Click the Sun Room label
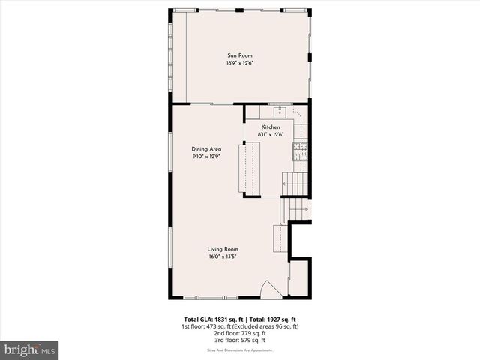pos(240,55)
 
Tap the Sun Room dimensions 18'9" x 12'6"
pos(240,63)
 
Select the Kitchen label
pos(271,127)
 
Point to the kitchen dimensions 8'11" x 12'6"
pos(271,135)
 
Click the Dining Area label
pos(206,149)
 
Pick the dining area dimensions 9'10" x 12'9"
pos(206,157)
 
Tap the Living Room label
pos(223,249)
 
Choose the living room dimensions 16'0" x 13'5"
pos(223,256)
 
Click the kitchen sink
pos(279,112)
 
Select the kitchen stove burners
pos(301,151)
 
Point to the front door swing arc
pos(269,288)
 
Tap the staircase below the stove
pos(295,182)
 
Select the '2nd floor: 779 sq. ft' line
pos(240,333)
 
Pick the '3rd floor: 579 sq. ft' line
pos(240,340)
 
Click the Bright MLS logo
pos(29,349)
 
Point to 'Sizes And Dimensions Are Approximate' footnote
pos(240,349)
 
